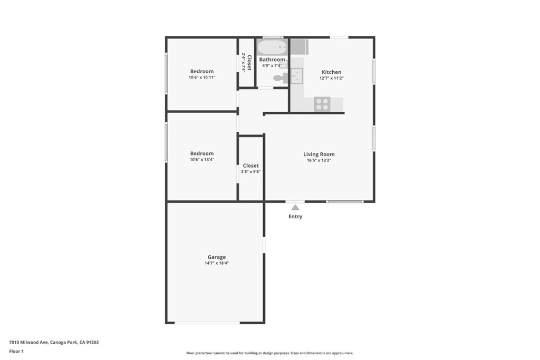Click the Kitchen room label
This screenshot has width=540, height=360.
click(x=331, y=72)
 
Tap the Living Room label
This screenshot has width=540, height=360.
click(x=319, y=154)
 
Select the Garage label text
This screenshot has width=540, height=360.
click(x=216, y=257)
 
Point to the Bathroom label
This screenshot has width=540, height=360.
click(x=272, y=60)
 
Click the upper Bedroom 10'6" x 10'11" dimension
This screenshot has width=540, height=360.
click(x=202, y=77)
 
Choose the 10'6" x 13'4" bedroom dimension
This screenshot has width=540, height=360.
click(x=202, y=159)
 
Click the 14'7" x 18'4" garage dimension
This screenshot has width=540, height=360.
click(x=217, y=263)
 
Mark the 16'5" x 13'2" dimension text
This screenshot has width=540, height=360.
click(x=319, y=160)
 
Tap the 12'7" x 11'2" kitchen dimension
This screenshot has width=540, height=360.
click(x=332, y=78)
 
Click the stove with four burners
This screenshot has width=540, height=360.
click(x=322, y=104)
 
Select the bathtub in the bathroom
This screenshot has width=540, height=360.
click(x=272, y=47)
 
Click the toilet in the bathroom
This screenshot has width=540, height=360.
click(x=279, y=78)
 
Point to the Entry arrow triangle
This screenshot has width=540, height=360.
click(x=295, y=208)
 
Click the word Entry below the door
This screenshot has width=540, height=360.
click(x=295, y=217)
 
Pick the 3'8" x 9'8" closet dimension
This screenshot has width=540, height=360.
click(x=251, y=171)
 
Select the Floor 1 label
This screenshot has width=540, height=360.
click(x=16, y=351)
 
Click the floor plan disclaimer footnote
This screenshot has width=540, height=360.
click(x=269, y=353)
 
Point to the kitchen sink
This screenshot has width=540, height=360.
click(x=297, y=76)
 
